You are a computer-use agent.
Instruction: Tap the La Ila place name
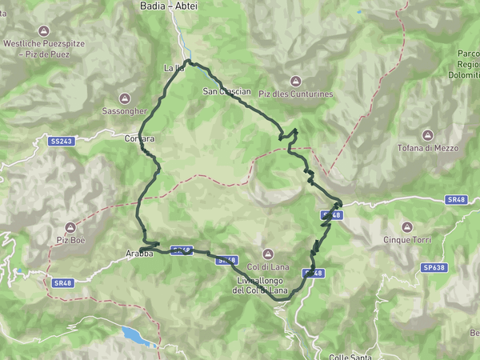pos(174,67)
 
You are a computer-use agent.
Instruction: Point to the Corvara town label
pos(139,138)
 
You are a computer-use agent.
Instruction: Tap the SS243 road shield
pos(61,141)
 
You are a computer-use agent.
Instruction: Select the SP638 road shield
pos(435,266)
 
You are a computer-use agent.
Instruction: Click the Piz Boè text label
pos(70,239)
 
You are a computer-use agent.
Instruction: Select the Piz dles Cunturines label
pos(295,94)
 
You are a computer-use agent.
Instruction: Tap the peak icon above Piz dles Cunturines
pos(295,80)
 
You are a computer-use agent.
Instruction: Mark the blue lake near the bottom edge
pos(138,335)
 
